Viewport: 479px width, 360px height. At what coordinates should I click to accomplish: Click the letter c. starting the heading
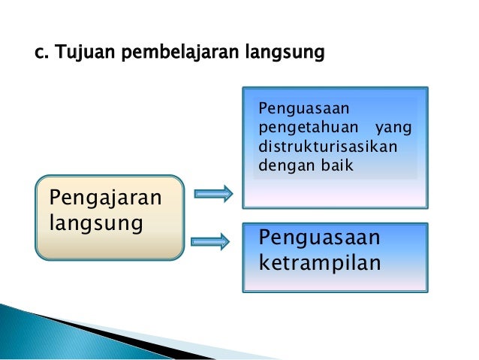[x=43, y=54]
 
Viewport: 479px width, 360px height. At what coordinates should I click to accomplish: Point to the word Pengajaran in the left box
[x=104, y=198]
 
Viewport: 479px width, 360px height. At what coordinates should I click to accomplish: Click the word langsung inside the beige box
[x=95, y=223]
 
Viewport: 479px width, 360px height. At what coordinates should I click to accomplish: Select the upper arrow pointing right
[x=213, y=194]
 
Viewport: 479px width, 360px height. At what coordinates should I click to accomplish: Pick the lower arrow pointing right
[x=210, y=241]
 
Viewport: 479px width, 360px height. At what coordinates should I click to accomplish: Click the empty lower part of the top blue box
[x=334, y=193]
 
